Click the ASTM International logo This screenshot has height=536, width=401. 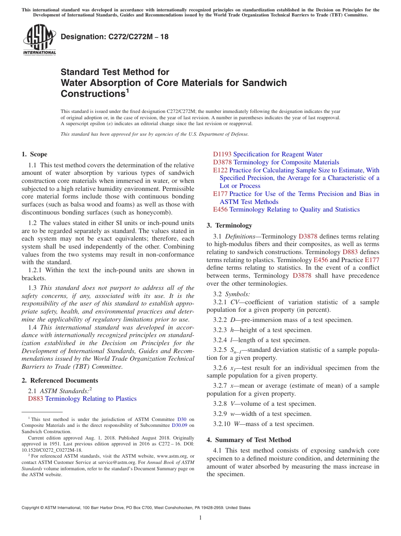[39, 40]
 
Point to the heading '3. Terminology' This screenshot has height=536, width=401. [229, 225]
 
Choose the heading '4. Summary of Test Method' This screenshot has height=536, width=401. [249, 440]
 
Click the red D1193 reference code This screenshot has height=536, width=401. [222, 154]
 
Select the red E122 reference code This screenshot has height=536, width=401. [220, 170]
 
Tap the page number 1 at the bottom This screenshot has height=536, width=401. [200, 517]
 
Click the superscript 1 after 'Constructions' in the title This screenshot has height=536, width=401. [127, 90]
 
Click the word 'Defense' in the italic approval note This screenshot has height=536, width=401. [238, 134]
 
